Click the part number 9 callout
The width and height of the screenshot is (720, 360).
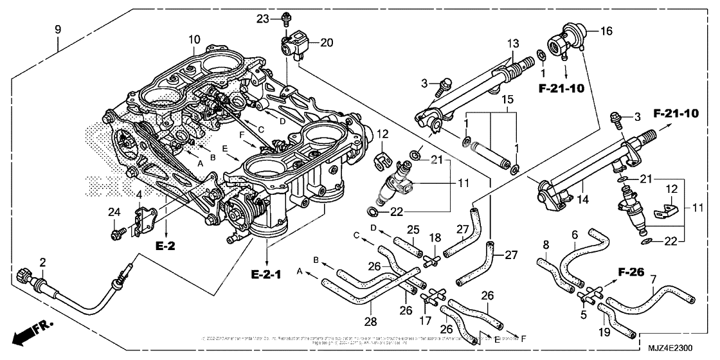(x=58, y=29)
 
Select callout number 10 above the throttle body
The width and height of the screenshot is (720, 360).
(x=194, y=40)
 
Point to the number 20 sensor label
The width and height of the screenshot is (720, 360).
(x=327, y=43)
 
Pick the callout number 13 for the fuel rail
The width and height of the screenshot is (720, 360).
(x=512, y=43)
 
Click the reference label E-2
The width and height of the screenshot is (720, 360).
(x=165, y=245)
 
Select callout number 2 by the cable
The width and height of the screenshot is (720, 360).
(x=42, y=262)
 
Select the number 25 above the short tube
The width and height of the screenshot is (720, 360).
(x=413, y=230)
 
